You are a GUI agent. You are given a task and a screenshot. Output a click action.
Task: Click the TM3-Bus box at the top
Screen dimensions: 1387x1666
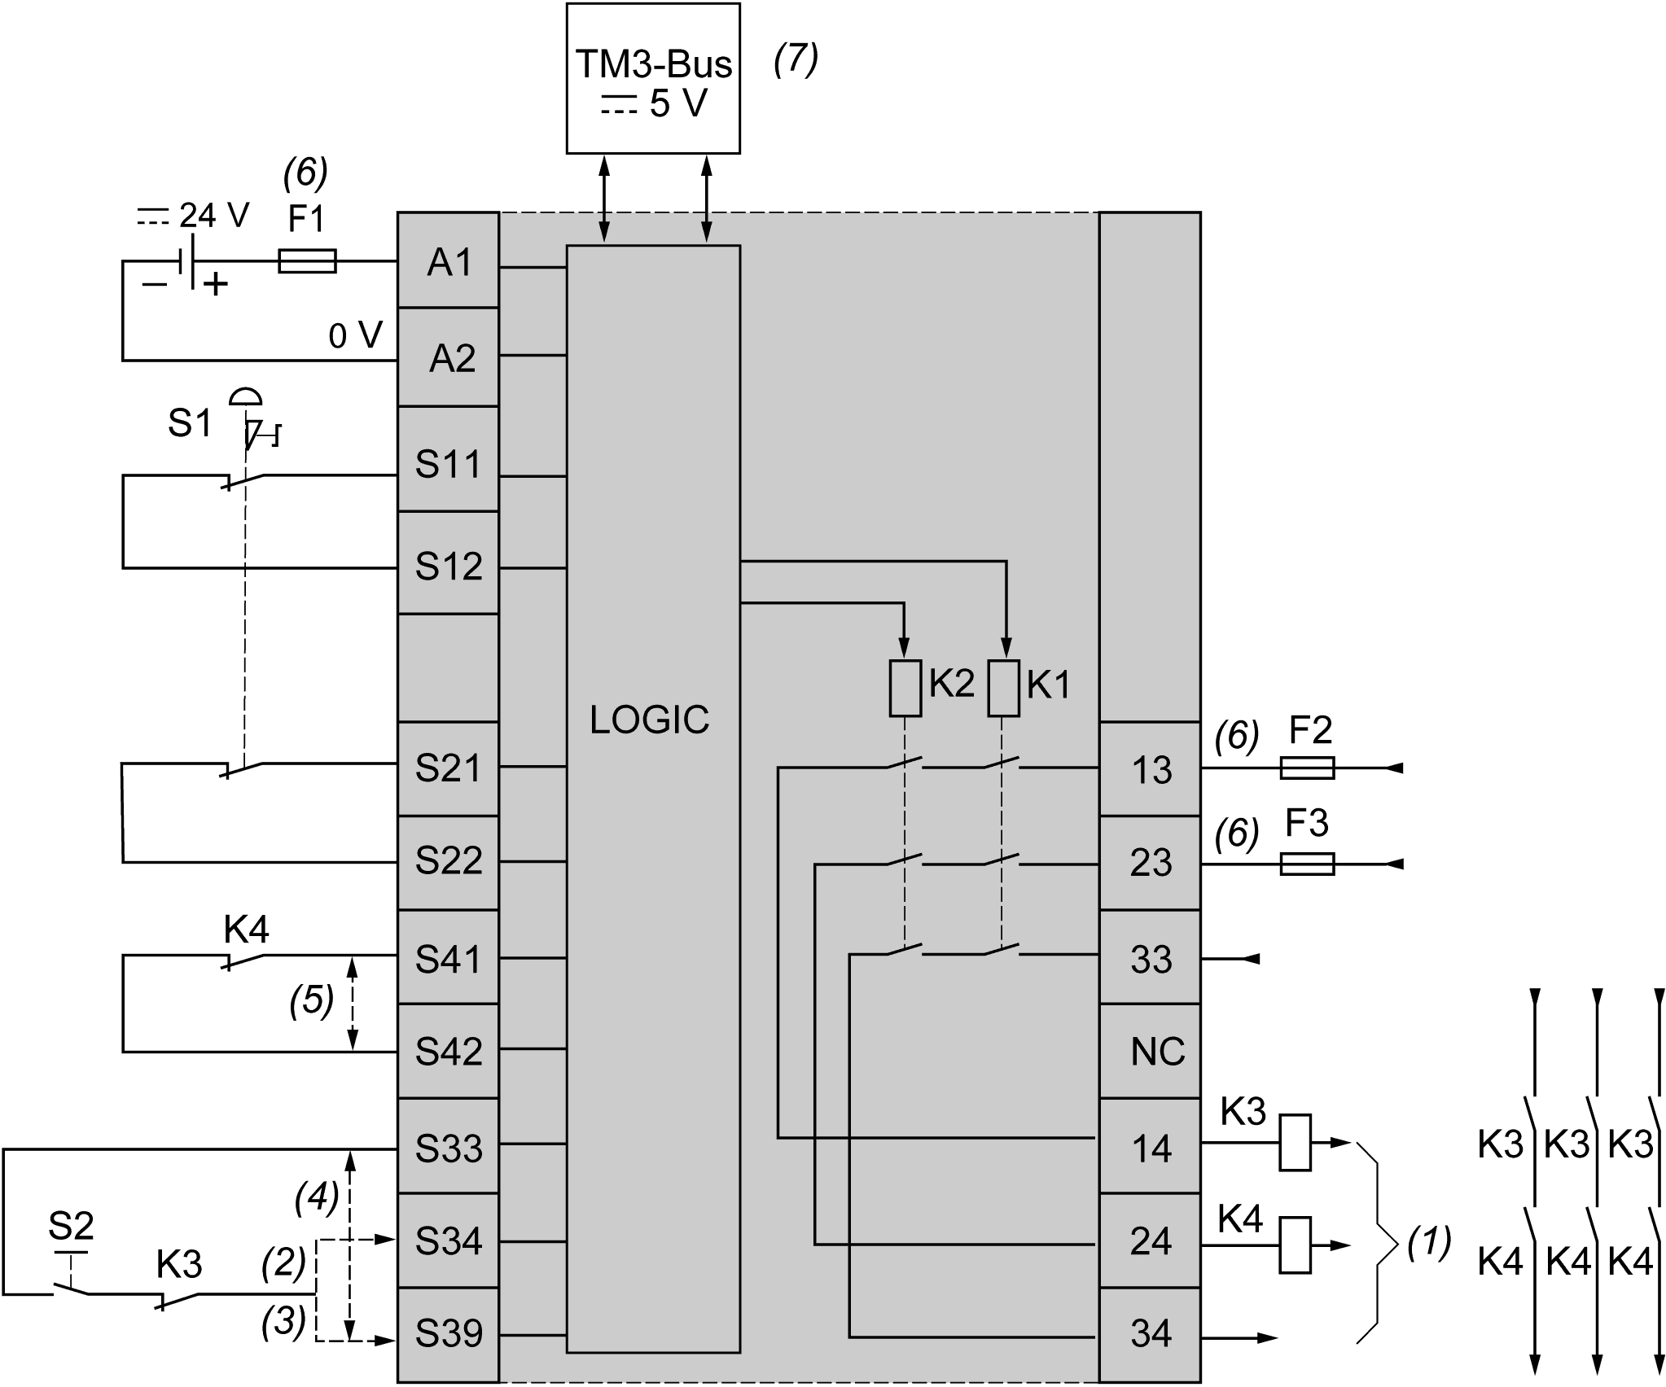(x=653, y=79)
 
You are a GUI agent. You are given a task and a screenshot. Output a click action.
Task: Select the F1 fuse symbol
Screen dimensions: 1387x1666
(x=307, y=261)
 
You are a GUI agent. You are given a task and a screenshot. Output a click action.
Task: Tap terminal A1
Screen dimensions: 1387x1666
(x=449, y=262)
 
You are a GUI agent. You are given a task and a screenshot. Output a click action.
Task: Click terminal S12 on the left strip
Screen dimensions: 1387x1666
(x=449, y=566)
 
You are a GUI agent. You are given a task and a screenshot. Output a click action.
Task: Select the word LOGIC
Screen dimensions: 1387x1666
(x=649, y=720)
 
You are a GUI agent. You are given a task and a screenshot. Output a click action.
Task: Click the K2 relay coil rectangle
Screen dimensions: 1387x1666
(x=905, y=688)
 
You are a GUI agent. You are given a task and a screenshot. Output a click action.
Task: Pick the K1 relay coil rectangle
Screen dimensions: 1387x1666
(x=1003, y=688)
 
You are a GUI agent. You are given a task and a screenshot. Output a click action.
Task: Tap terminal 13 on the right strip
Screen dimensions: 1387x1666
(x=1151, y=770)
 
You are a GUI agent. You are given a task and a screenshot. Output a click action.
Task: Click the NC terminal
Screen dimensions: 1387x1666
(x=1157, y=1052)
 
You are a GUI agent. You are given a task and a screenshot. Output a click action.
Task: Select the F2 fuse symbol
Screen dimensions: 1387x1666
(x=1306, y=768)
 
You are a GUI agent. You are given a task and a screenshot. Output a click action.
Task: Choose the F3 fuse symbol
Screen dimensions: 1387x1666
(x=1306, y=863)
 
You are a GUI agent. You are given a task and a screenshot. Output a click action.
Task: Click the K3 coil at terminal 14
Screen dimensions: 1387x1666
(x=1295, y=1142)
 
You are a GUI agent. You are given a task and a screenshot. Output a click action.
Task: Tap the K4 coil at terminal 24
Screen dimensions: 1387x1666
(x=1295, y=1245)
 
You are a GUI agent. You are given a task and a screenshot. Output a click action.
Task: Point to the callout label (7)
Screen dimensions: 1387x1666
(x=796, y=60)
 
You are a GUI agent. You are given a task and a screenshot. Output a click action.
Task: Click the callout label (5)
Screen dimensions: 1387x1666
(x=312, y=1002)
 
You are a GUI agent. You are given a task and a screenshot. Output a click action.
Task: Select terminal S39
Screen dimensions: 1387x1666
(x=449, y=1333)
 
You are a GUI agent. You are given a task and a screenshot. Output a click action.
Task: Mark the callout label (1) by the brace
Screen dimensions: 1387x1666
(x=1430, y=1243)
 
